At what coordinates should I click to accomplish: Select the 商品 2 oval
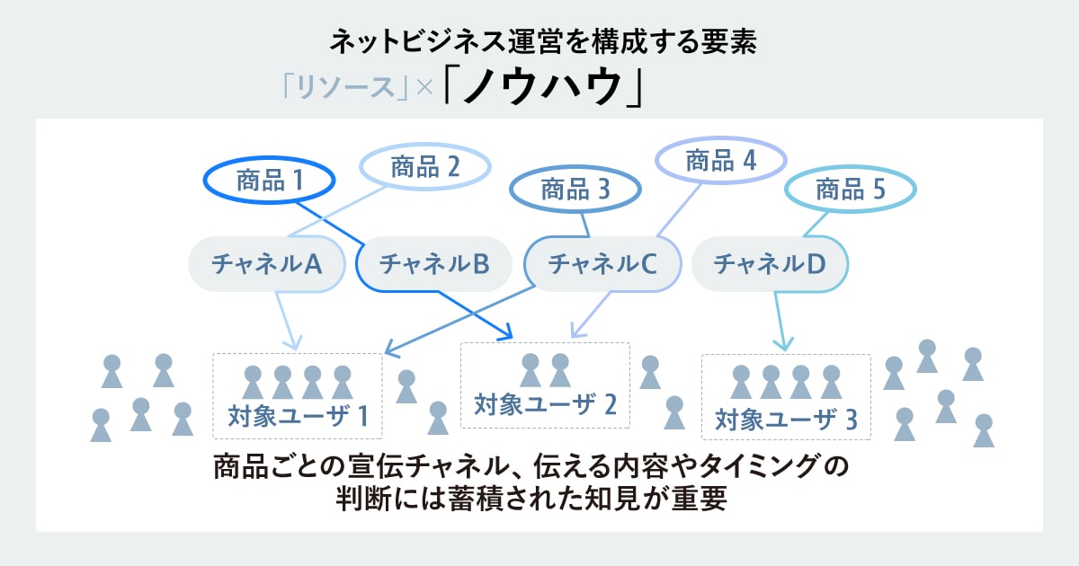pos(425,167)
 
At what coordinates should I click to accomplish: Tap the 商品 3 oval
pos(575,190)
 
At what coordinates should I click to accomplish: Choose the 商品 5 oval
pos(851,190)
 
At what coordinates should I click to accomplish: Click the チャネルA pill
pos(267,263)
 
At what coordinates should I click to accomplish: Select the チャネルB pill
pos(434,263)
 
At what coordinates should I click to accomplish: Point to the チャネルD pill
pos(770,263)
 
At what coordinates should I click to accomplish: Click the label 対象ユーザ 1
pos(299,417)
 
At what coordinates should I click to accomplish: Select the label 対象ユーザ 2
pos(545,404)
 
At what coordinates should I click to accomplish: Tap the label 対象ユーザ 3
pos(786,419)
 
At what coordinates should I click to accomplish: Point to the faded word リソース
pos(343,89)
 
